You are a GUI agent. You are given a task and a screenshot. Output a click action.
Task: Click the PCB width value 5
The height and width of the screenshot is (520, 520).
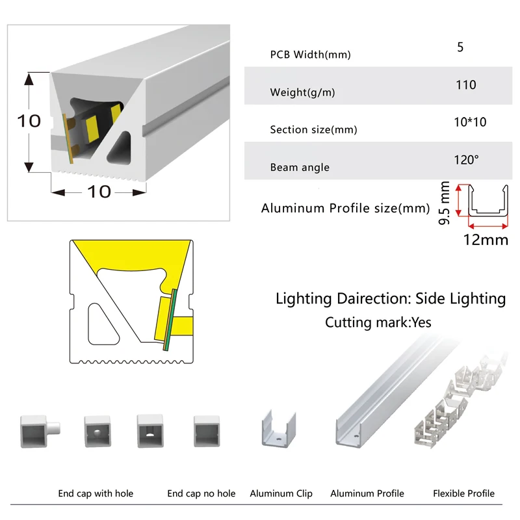[x=460, y=47]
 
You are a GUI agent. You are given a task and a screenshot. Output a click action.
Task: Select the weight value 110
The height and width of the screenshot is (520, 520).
[x=466, y=84]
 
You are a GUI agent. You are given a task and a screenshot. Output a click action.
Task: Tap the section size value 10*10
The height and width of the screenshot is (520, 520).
[x=470, y=122]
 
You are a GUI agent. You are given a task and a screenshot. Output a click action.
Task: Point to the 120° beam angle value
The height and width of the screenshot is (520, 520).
[x=466, y=159]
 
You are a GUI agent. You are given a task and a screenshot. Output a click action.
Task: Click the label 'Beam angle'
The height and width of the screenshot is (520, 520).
[x=300, y=168]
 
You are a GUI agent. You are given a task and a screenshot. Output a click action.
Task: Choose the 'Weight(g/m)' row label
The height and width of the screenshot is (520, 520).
[x=302, y=92]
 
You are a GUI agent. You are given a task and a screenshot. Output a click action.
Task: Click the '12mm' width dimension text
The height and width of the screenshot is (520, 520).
[x=485, y=240]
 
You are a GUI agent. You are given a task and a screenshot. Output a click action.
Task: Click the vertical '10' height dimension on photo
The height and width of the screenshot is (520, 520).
[x=29, y=122]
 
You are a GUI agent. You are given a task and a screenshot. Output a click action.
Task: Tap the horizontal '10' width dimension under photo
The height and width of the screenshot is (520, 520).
[x=99, y=192]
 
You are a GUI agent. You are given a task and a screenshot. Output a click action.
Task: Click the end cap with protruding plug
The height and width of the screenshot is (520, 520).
[x=38, y=429]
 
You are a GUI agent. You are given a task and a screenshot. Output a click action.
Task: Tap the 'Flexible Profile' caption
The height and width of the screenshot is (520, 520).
[x=463, y=494]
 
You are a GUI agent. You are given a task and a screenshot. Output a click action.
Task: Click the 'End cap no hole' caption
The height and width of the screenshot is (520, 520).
[x=201, y=494]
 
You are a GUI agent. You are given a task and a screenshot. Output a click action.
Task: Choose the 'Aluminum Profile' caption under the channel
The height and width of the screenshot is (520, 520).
[x=367, y=494]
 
